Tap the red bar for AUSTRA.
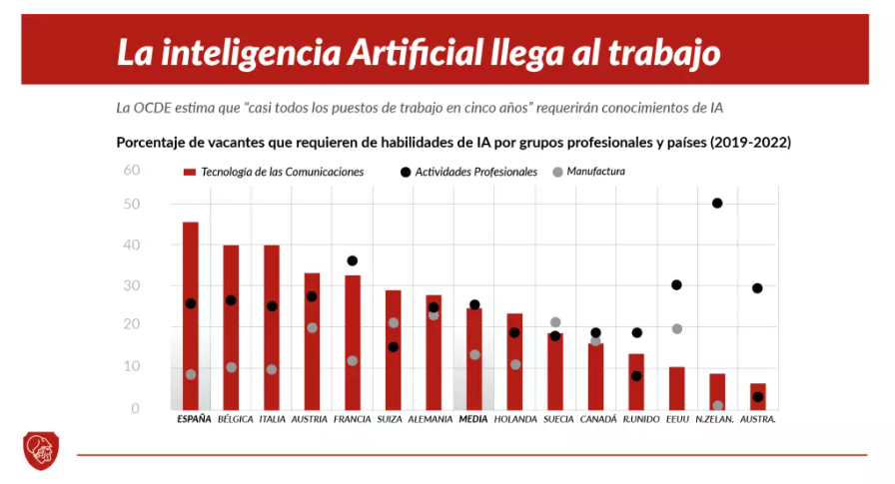click(758, 396)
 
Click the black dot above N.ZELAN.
click(717, 204)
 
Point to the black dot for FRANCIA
click(352, 260)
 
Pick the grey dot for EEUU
click(676, 328)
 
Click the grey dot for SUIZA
click(394, 322)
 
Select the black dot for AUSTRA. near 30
click(757, 288)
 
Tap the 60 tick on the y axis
click(132, 170)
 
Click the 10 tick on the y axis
click(132, 367)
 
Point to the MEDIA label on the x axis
click(473, 419)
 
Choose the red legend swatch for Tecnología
click(189, 172)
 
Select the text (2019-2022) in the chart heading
click(750, 142)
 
